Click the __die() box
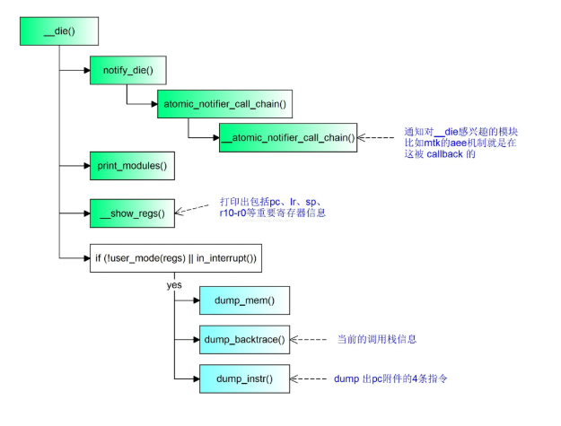point(58,31)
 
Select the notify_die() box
point(128,70)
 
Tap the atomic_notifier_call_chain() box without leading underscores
point(224,104)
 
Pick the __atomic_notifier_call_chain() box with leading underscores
point(288,138)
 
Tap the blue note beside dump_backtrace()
point(376,340)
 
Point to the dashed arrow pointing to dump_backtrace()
point(311,340)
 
